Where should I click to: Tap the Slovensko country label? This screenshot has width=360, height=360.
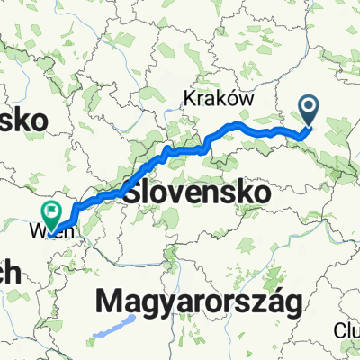pos(199,193)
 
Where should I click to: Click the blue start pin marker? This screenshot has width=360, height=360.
pos(309,112)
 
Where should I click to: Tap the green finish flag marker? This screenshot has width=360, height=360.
pos(51,213)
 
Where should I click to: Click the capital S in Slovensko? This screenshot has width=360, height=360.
pos(133,193)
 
